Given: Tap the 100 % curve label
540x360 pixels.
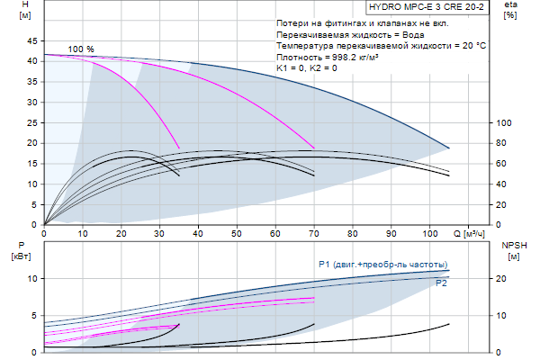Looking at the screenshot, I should [81, 49].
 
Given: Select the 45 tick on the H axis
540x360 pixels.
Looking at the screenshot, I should [32, 40].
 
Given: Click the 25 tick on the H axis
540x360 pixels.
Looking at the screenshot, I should [32, 122].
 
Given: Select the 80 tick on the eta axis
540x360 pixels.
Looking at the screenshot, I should [504, 143].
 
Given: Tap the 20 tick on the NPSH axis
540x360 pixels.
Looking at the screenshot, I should [504, 279].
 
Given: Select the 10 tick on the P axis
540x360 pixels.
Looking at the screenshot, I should [32, 279].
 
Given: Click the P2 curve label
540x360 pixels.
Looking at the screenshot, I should [442, 283].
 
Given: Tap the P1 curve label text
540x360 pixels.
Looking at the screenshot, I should [382, 264].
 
